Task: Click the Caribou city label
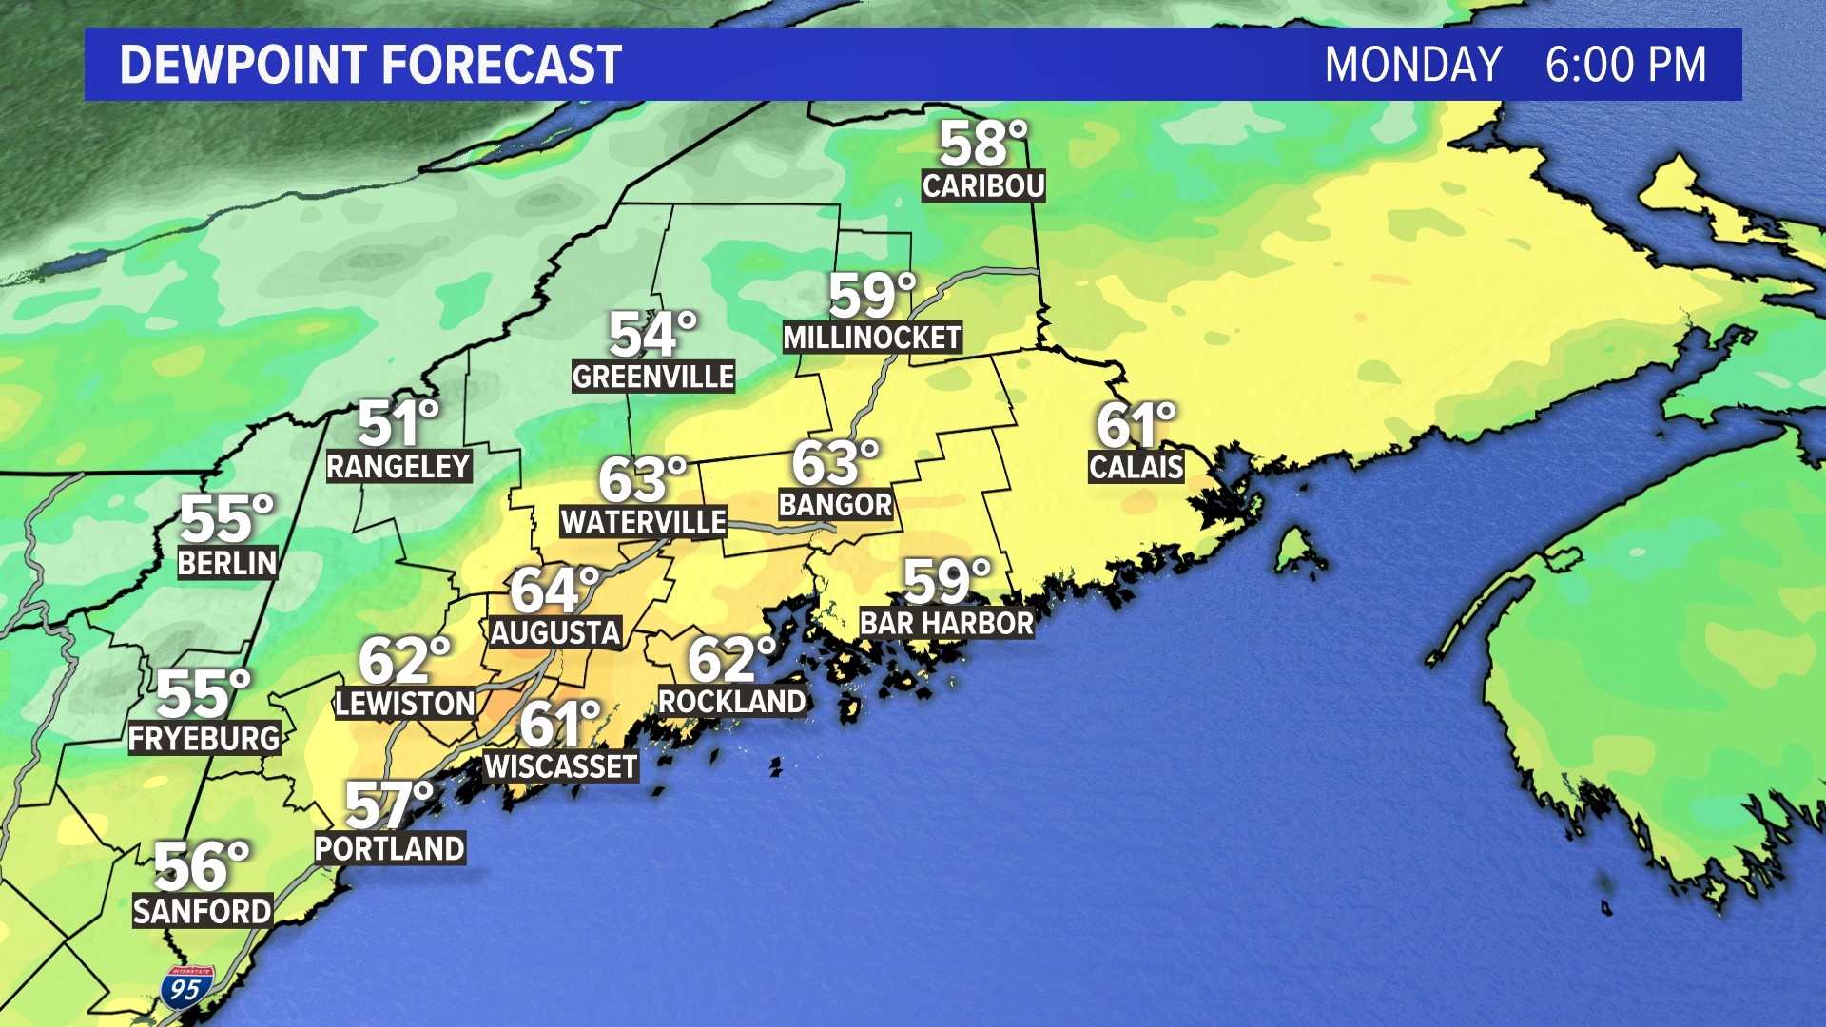(983, 185)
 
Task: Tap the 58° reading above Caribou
(981, 144)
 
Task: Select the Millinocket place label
(871, 338)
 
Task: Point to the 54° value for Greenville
(651, 335)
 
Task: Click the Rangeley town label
(398, 467)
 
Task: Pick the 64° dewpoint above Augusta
(554, 590)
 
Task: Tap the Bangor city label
(835, 505)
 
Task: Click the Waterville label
(643, 522)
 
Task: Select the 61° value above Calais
(1136, 425)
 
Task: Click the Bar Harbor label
(946, 624)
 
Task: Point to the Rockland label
(732, 702)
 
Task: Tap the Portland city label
(390, 848)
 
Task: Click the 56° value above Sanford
(201, 866)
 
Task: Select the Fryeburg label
(204, 738)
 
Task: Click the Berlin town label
(227, 563)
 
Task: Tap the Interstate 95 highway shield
(186, 988)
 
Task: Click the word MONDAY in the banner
(1412, 65)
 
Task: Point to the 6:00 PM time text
(1625, 65)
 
